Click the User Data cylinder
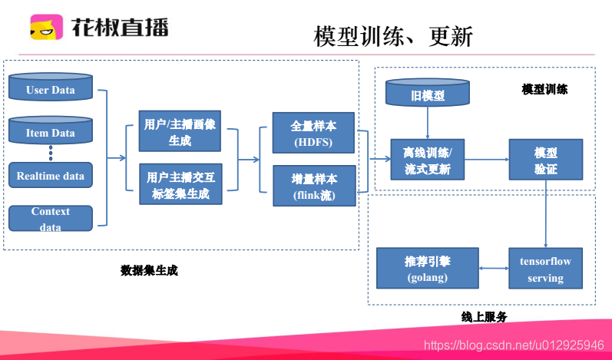pos(50,89)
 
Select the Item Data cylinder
pos(50,132)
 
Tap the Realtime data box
pos(50,176)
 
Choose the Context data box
pos(50,218)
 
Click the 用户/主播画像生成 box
pos(180,132)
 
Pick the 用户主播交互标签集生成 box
pos(180,185)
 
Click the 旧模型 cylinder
pos(428,94)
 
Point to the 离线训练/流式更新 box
pos(428,160)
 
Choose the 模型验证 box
pos(545,160)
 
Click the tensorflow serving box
pos(545,269)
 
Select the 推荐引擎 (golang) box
pos(427,269)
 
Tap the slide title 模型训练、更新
pos(393,36)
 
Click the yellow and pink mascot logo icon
pos(46,27)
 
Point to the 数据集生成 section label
pos(150,270)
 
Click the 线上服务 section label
pos(484,316)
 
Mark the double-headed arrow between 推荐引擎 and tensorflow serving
pos(493,269)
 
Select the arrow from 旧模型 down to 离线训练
pos(428,123)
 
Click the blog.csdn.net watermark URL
pos(514,345)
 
